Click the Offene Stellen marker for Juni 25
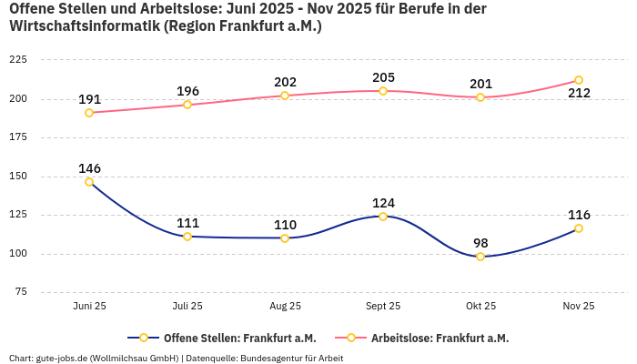pos(89,182)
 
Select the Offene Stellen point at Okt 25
pos(480,257)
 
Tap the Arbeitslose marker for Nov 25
pos(579,80)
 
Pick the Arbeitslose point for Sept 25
pos(383,91)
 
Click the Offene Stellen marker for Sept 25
pos(383,217)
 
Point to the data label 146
pos(89,168)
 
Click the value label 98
pos(480,243)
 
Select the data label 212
pos(579,93)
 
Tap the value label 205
pos(383,77)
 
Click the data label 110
pos(285,225)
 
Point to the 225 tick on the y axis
pos(17,60)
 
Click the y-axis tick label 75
pos(20,292)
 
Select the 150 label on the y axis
pos(17,176)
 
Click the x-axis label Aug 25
pos(285,307)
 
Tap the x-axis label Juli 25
pos(187,307)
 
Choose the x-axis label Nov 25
pos(579,307)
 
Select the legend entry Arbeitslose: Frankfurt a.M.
pos(440,338)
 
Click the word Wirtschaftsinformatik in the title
pos(83,26)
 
